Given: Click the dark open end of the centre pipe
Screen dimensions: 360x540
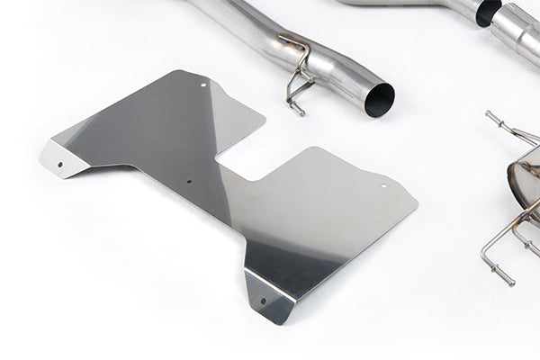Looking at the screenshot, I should [x=379, y=99].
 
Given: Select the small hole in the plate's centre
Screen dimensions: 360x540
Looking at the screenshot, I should [x=189, y=181].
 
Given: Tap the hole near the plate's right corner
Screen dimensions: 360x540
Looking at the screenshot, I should [x=383, y=186].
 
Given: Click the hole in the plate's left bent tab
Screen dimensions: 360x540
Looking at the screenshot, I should [x=61, y=165].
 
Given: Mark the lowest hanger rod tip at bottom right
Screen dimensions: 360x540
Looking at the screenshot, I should [x=510, y=283].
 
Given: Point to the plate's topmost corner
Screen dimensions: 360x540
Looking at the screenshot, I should [x=184, y=71].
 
